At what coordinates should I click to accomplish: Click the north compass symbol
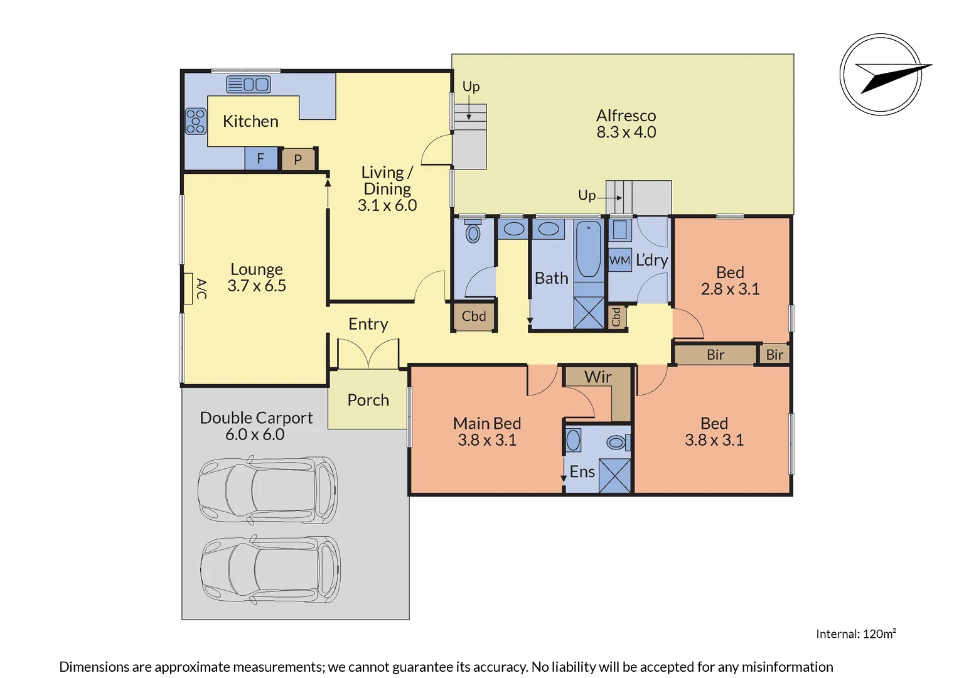(x=881, y=75)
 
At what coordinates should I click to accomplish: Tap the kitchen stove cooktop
(x=195, y=121)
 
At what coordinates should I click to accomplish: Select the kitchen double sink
(x=248, y=84)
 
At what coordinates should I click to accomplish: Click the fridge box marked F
(x=260, y=159)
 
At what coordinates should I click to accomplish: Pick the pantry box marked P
(x=298, y=159)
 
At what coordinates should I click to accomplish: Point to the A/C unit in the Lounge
(x=188, y=289)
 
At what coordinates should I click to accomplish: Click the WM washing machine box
(x=619, y=260)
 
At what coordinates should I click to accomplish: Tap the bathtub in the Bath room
(x=588, y=249)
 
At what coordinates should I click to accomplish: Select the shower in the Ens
(x=614, y=476)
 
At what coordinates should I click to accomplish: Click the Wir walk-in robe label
(x=597, y=377)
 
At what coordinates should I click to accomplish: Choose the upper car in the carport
(x=268, y=490)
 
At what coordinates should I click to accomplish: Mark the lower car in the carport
(x=271, y=569)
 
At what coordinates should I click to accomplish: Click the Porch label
(x=368, y=400)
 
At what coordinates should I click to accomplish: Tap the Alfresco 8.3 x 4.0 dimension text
(x=626, y=132)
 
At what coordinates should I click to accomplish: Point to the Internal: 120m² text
(x=855, y=634)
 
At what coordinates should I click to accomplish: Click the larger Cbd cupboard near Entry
(x=474, y=316)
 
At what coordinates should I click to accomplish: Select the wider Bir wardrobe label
(x=715, y=355)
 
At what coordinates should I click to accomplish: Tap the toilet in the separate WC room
(x=473, y=232)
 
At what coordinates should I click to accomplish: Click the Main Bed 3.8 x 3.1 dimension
(x=487, y=440)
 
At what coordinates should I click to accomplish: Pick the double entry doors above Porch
(x=368, y=354)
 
